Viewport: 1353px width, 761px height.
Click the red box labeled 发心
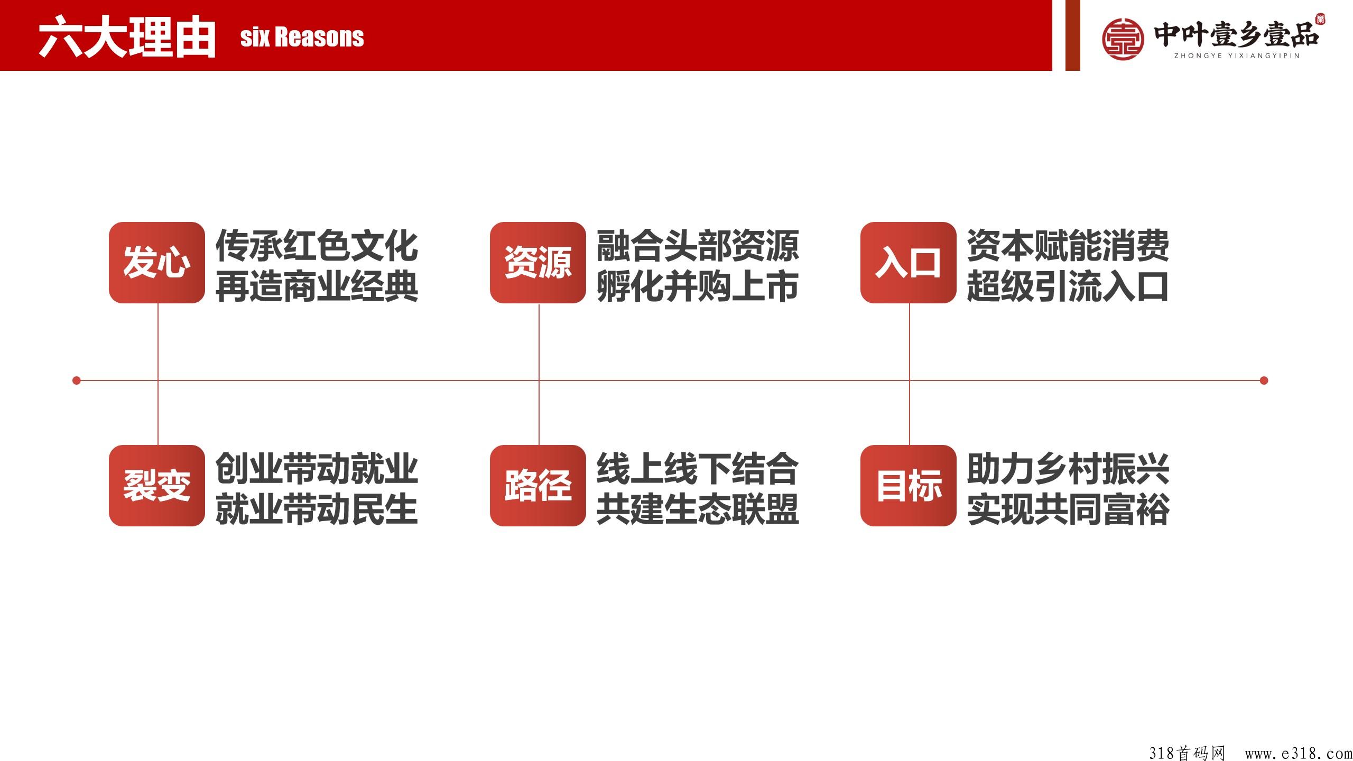pos(157,263)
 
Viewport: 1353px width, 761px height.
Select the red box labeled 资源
pos(538,263)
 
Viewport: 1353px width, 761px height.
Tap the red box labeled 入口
pos(909,263)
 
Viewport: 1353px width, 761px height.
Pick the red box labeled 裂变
pos(157,486)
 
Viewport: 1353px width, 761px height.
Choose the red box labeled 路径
pos(538,486)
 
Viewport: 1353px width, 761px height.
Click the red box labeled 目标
pos(909,486)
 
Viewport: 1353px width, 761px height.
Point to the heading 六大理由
pos(127,37)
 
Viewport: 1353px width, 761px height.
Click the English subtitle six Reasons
pos(302,37)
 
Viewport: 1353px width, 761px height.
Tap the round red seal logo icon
pos(1123,39)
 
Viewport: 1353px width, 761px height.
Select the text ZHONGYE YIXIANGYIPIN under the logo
pos(1237,56)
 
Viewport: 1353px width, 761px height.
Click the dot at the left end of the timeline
pos(77,380)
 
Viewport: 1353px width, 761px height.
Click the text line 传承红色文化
pos(317,246)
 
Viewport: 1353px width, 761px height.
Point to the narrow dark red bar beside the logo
pos(1073,35)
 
